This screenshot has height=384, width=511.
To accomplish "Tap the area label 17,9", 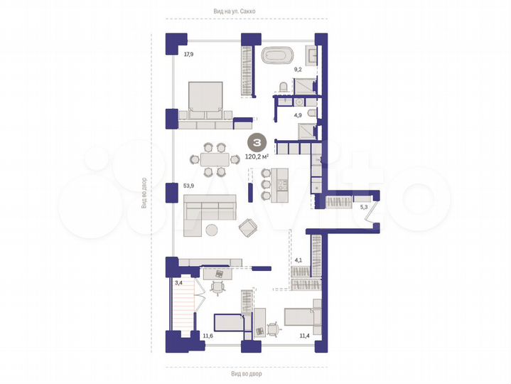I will (x=188, y=54).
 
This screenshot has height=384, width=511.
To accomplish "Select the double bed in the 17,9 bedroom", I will (x=206, y=100).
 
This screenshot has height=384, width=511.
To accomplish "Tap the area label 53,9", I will (x=188, y=186).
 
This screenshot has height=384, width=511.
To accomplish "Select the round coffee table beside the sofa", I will (x=212, y=229).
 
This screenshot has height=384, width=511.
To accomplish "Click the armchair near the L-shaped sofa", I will (x=249, y=227).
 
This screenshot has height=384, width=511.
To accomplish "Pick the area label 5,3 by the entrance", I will (x=364, y=208).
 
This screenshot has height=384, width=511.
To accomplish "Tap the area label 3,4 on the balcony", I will (x=178, y=283).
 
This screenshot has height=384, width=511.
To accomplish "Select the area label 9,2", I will (x=299, y=70).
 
